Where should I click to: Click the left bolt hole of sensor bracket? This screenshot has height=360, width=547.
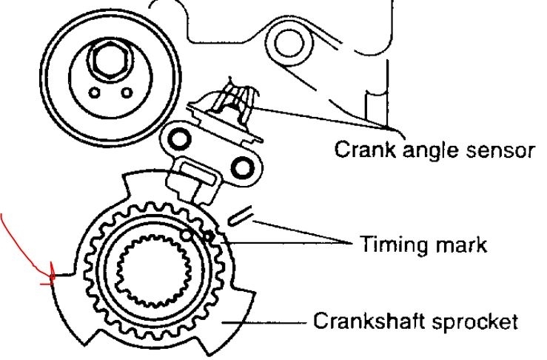(x=178, y=136)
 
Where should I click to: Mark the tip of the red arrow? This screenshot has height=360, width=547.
(x=53, y=281)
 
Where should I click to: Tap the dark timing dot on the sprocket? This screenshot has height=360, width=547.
(x=209, y=237)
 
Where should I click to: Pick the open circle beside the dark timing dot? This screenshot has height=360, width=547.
(x=189, y=236)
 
